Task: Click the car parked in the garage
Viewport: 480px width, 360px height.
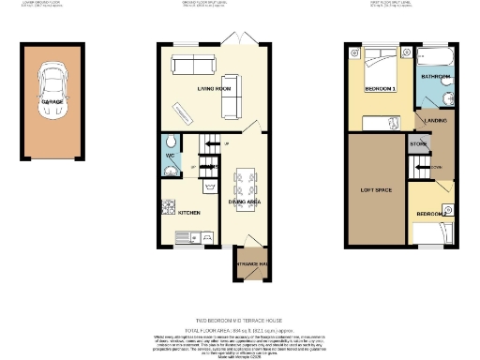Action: (x=52, y=96)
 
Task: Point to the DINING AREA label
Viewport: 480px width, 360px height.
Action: (x=246, y=201)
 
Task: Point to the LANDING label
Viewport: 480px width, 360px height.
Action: (x=435, y=121)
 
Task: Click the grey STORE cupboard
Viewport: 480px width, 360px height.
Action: (x=417, y=143)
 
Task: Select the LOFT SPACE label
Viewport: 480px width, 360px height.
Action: (x=375, y=191)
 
